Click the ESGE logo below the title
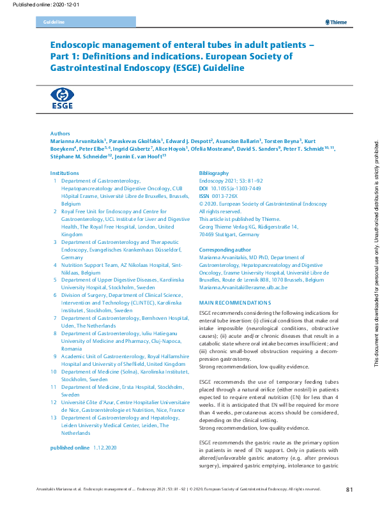pyautogui.click(x=61, y=99)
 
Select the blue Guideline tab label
pyautogui.click(x=54, y=22)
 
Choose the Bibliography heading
pyautogui.click(x=214, y=174)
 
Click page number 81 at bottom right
pyautogui.click(x=349, y=489)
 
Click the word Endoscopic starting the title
pyautogui.click(x=77, y=45)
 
